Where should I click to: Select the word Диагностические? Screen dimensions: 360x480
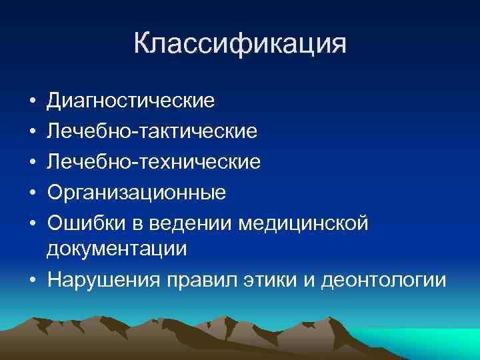tap(131, 101)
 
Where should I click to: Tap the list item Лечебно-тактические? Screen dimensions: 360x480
tap(151, 131)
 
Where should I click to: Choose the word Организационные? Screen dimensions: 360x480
tap(136, 193)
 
